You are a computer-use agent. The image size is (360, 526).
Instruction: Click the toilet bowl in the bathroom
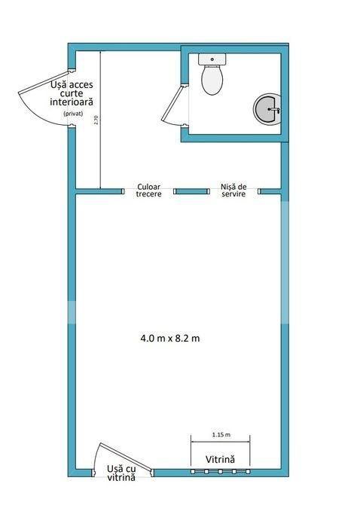212,81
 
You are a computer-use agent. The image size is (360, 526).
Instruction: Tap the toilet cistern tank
212,59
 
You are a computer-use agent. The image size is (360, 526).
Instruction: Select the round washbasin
267,109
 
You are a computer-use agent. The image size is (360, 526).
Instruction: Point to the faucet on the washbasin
274,109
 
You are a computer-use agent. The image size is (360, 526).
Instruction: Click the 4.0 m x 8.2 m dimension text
170,338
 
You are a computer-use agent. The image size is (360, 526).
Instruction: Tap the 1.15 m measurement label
221,435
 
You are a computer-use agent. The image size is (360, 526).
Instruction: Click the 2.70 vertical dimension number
96,120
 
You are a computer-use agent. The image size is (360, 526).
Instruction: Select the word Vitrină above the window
220,459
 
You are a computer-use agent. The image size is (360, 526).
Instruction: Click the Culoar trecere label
149,190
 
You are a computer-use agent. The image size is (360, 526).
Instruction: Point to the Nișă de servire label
233,190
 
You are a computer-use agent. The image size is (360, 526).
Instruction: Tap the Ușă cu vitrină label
121,473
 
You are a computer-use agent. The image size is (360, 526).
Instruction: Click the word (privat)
73,114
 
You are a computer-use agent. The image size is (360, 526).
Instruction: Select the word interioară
72,102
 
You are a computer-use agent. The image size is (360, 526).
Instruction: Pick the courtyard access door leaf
44,82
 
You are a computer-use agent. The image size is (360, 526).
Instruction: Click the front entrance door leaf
126,456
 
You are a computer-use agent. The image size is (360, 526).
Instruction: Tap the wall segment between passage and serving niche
191,191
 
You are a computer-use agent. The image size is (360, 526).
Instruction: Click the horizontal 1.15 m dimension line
221,442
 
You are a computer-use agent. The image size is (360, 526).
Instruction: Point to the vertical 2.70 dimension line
100,120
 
